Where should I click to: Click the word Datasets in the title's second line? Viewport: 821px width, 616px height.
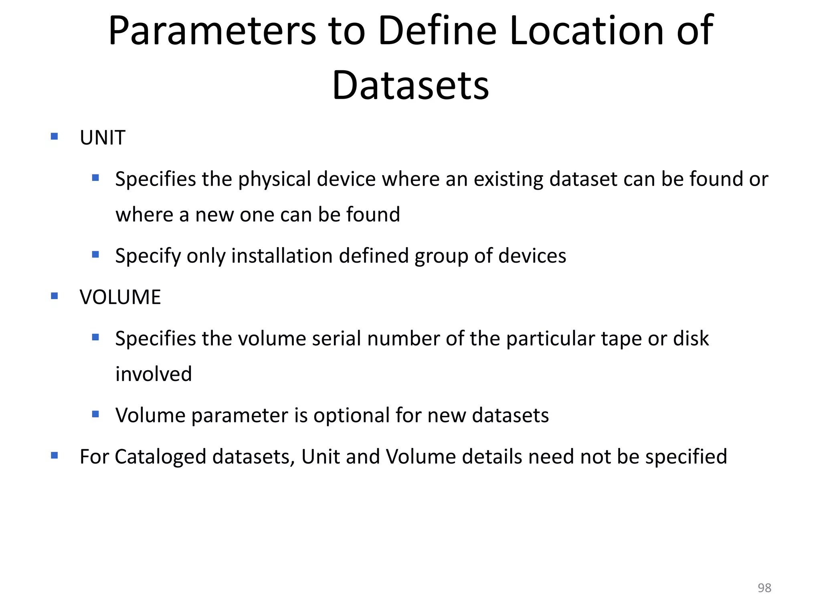pos(410,85)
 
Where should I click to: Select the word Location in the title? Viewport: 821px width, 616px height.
pos(587,31)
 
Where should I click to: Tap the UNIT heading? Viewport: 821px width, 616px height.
pos(102,138)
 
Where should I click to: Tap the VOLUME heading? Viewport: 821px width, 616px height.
pos(120,297)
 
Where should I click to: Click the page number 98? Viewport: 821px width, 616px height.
pos(764,588)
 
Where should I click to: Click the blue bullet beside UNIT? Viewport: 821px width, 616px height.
pos(55,137)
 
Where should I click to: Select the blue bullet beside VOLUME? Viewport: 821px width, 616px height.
pos(55,296)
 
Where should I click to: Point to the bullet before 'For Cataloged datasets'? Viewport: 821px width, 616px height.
pos(55,456)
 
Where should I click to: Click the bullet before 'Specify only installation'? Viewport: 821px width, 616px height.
pos(95,254)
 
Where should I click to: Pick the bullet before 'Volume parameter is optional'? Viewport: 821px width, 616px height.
pos(95,414)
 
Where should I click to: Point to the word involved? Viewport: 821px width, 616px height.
pos(154,374)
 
